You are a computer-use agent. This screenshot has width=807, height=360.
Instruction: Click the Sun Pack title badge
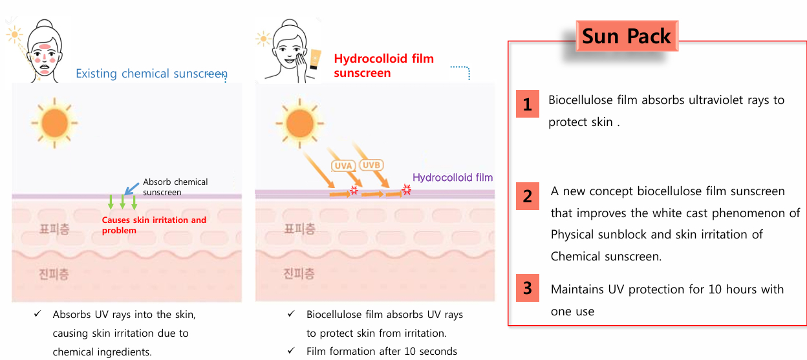coord(627,36)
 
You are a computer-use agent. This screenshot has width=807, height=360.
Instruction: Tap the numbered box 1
coord(528,103)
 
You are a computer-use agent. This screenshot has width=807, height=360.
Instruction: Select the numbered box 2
coord(528,196)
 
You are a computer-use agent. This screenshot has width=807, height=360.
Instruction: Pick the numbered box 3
coord(528,288)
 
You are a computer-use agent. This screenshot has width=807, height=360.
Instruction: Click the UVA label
coord(343,165)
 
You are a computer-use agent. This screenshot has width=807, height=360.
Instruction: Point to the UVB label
coord(371,165)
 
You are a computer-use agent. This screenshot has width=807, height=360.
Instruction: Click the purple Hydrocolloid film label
coord(453,178)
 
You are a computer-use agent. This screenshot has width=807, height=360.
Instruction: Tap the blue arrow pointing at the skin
coord(131,189)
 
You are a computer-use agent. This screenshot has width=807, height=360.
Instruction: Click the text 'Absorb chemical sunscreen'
coord(175,187)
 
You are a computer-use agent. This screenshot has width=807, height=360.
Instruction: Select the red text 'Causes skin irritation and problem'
coord(154,225)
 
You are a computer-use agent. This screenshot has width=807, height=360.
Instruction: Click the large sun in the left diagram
coord(54,123)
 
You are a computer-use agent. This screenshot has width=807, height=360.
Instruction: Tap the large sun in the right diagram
coord(299,123)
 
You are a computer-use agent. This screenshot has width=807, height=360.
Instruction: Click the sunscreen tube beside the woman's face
coord(315,59)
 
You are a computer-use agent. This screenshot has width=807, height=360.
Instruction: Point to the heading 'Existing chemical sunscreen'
coord(151,74)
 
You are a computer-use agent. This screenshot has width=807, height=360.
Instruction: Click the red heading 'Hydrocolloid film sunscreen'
coord(383,65)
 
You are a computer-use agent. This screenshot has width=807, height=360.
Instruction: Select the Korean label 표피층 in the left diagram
coord(54,229)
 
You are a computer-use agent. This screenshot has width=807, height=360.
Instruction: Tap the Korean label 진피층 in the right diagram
coord(299,273)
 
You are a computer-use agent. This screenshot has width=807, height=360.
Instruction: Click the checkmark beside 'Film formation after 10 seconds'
coord(291,350)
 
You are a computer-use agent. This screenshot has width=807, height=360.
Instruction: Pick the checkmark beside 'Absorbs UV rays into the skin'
coord(38,313)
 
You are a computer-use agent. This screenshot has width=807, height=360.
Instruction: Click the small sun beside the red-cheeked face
coord(14,34)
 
